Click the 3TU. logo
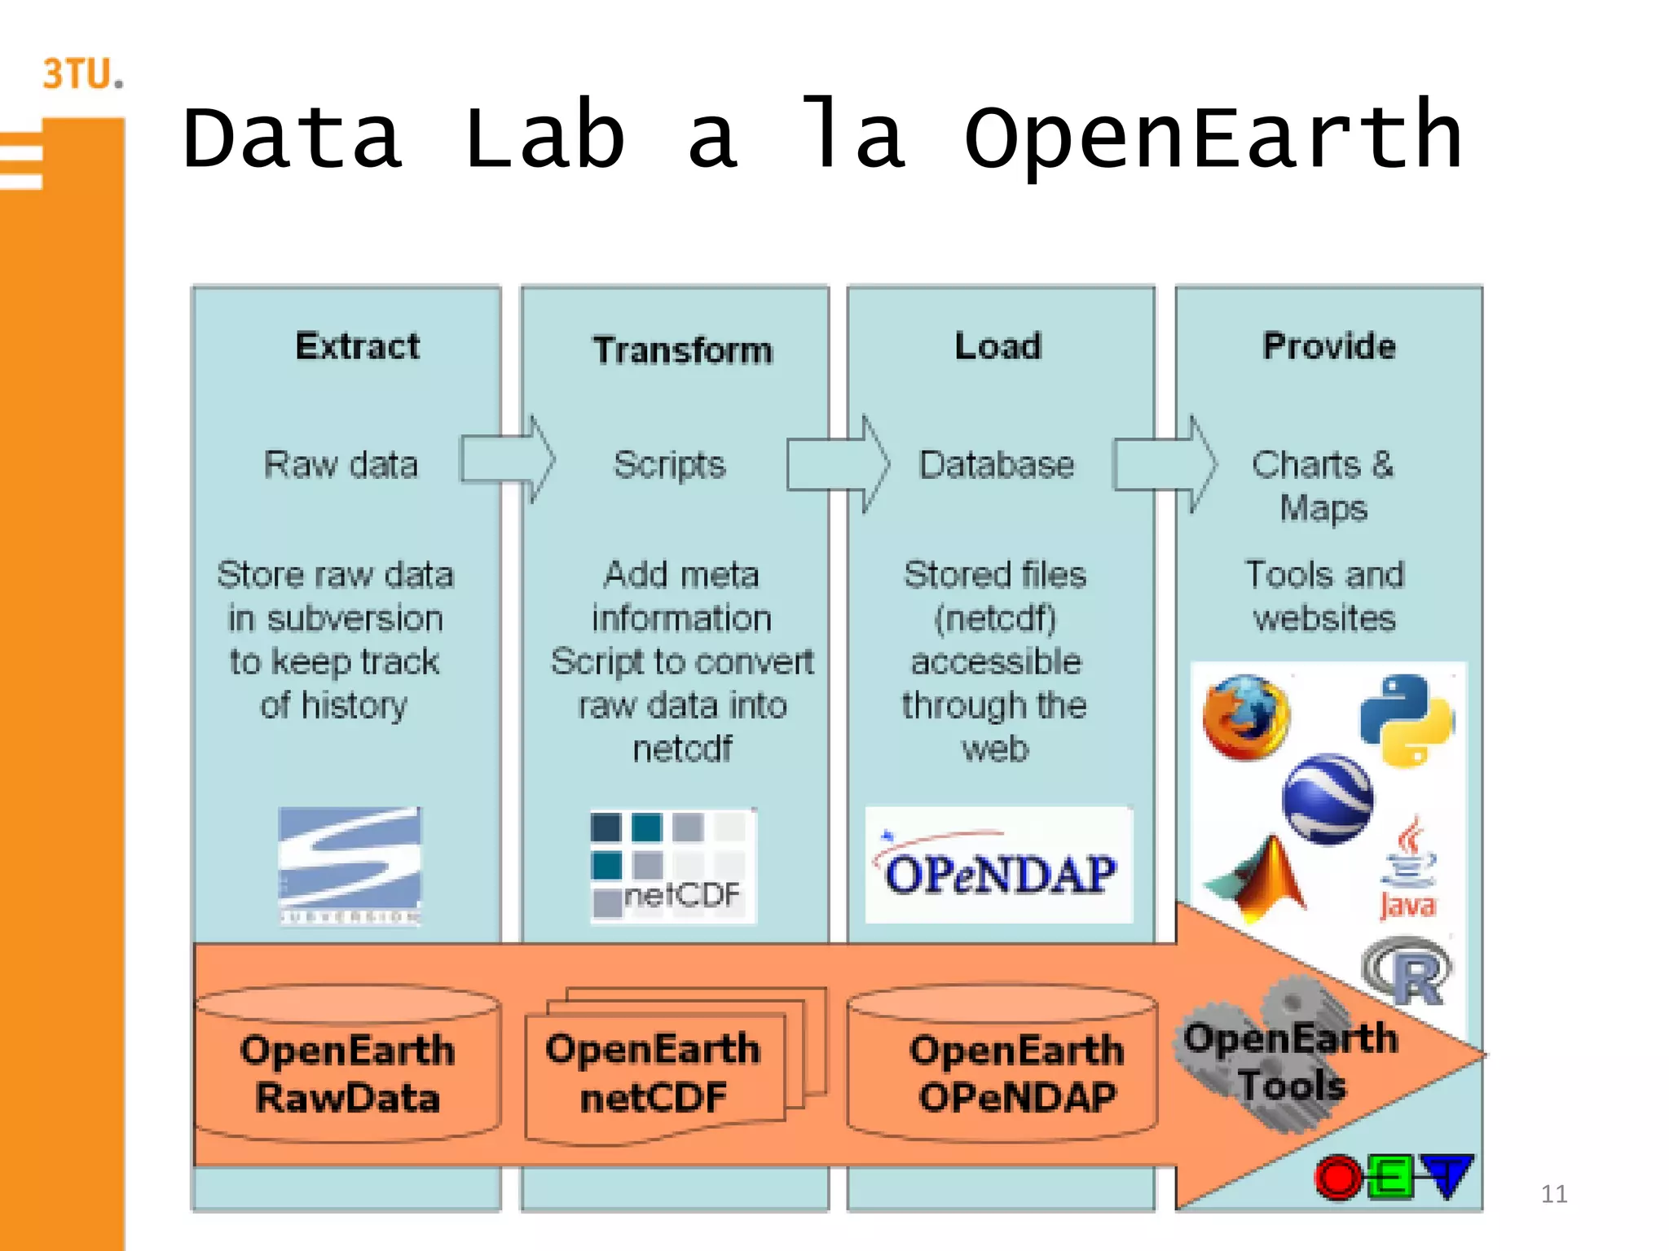[x=83, y=74]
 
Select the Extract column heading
[x=357, y=347]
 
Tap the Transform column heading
[x=682, y=351]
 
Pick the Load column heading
[x=997, y=347]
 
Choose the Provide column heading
[x=1328, y=347]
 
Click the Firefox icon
[x=1245, y=718]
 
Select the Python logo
[x=1407, y=720]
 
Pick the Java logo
[x=1407, y=871]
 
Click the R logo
[x=1408, y=972]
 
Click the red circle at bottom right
[x=1337, y=1178]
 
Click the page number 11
[x=1553, y=1194]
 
